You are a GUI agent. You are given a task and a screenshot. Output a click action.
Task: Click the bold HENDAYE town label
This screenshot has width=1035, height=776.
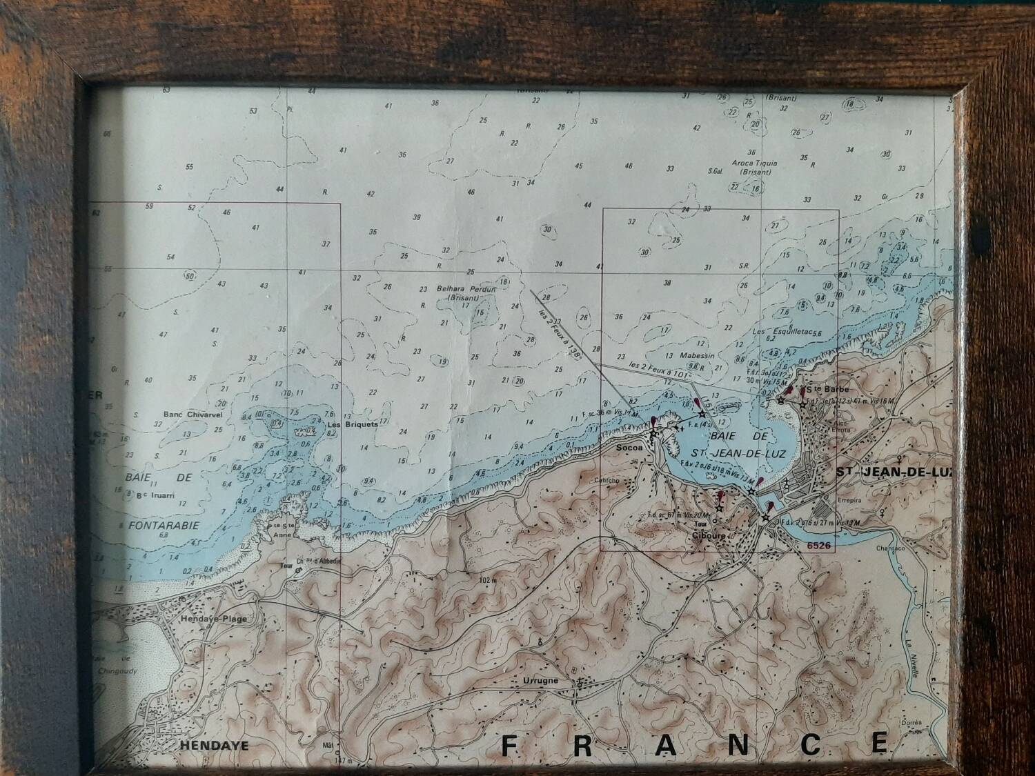[x=204, y=746]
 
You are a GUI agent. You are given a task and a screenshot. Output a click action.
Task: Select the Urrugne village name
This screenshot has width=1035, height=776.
[x=540, y=680]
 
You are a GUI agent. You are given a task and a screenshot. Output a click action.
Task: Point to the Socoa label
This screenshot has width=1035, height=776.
[x=629, y=447]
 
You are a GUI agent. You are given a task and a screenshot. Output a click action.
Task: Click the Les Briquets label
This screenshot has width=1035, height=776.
[x=353, y=425]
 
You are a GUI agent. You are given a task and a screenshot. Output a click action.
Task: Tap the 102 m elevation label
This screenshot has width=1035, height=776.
[x=486, y=580]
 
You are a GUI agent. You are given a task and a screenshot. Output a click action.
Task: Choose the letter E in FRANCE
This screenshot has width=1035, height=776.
[x=878, y=743]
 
